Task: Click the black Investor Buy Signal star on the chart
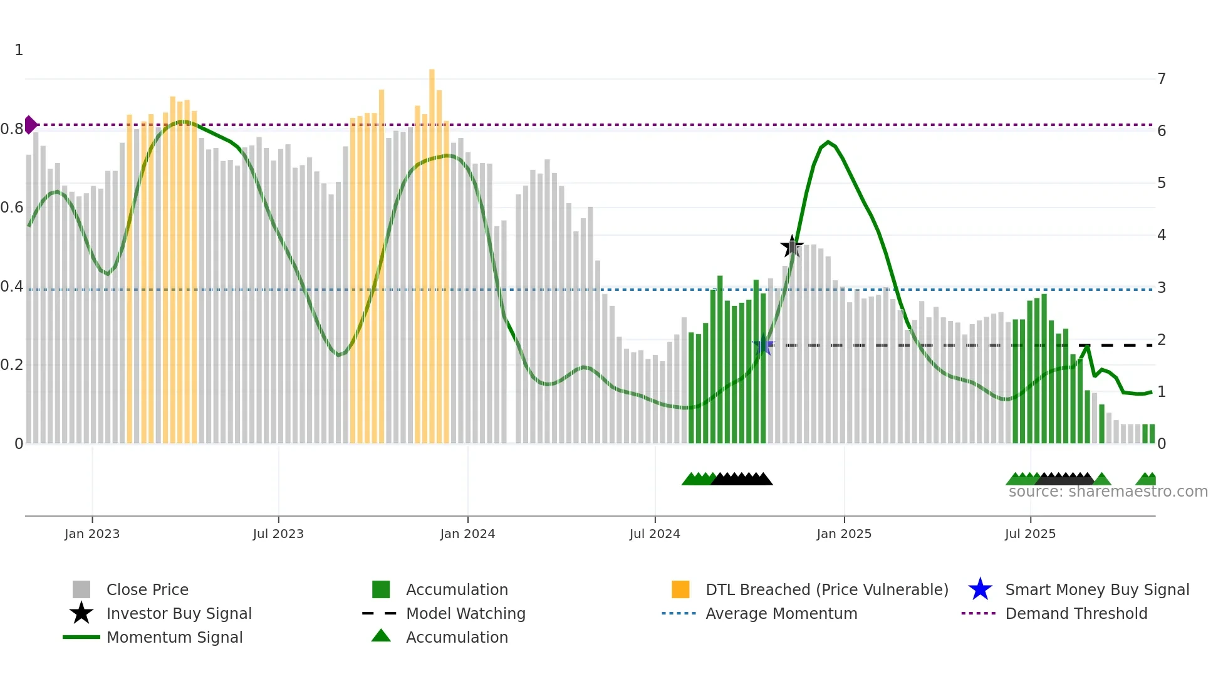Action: coord(792,246)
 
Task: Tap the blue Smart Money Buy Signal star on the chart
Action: coord(763,345)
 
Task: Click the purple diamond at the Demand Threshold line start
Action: coord(30,125)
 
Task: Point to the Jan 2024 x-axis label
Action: coord(467,534)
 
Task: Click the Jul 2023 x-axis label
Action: coord(278,534)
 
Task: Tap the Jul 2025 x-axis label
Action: coord(1030,534)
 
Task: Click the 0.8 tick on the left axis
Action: coord(11,129)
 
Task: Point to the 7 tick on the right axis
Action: coord(1162,79)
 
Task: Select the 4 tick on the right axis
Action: coord(1162,235)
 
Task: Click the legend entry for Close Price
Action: coord(147,589)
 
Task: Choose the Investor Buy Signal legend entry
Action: coord(179,613)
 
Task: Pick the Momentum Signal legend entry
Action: coord(174,637)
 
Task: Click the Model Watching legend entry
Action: coord(466,613)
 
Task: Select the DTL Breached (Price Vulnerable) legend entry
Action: coord(826,589)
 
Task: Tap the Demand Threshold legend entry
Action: coord(1076,613)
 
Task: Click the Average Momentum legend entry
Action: coord(781,613)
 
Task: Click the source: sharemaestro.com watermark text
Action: coord(1108,492)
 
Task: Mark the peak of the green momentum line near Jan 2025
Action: coord(828,142)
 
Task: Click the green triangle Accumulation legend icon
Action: coord(381,636)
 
